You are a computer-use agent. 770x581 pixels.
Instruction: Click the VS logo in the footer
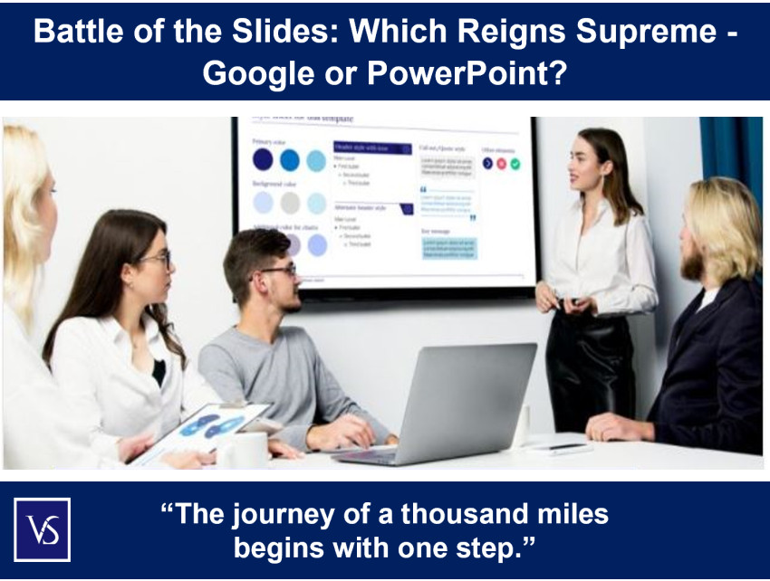click(x=42, y=529)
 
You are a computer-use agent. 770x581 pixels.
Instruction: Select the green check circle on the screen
click(x=515, y=164)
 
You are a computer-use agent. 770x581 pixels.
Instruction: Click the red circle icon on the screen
click(x=502, y=164)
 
